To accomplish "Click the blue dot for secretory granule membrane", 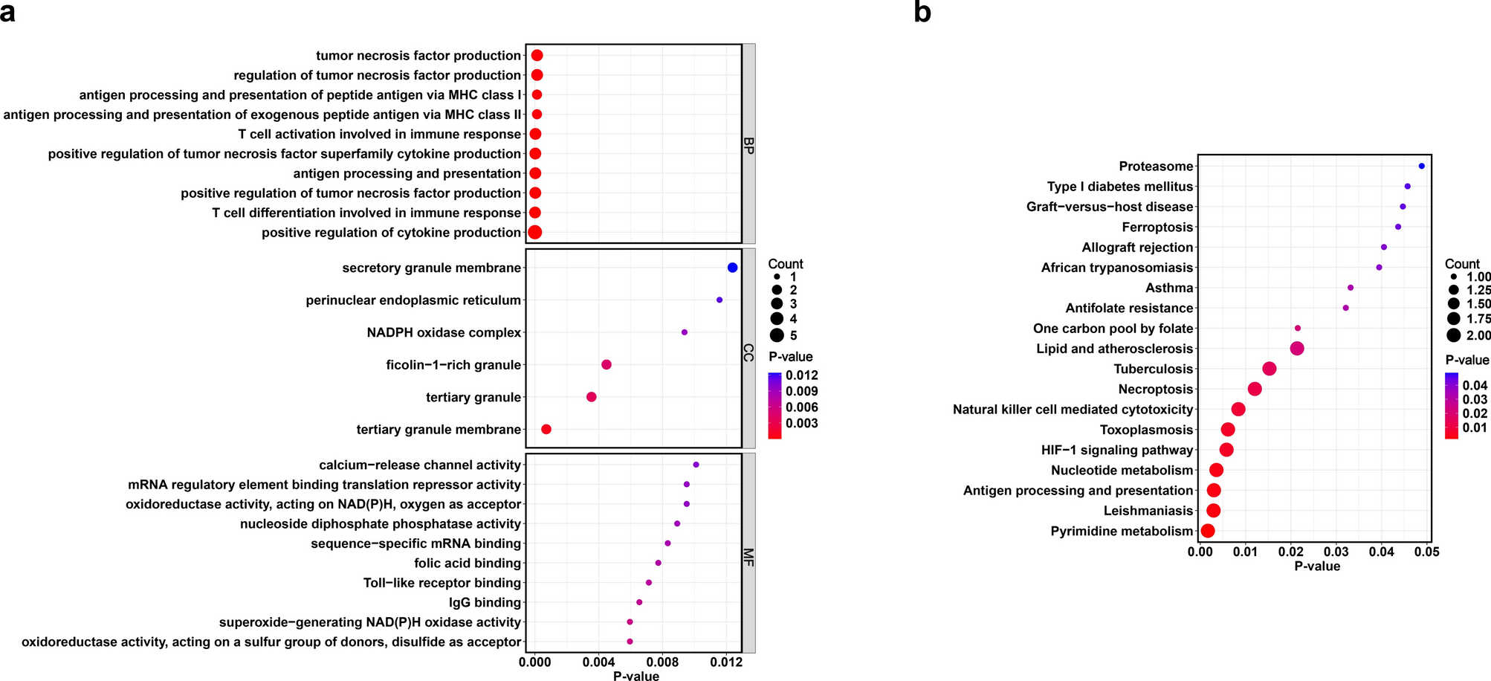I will [732, 268].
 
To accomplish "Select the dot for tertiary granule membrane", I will [546, 430].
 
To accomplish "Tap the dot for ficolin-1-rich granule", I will [607, 365].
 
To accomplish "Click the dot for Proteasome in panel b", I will [1422, 167].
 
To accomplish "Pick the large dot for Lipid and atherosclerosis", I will [1297, 349].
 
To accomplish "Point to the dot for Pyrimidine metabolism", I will [1208, 531].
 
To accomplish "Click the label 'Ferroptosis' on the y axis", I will [1157, 227].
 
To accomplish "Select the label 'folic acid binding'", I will [468, 563].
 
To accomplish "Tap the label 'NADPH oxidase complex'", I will [444, 332].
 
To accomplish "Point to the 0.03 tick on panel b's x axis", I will [1336, 552].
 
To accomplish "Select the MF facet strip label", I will [748, 557].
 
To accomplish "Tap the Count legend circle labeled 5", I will [777, 335].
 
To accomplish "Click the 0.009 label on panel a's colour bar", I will [802, 391].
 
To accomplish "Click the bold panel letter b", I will [922, 13].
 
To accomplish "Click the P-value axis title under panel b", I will [1317, 566].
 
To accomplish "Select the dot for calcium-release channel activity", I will [696, 465].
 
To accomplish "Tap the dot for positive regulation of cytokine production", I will [534, 233].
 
